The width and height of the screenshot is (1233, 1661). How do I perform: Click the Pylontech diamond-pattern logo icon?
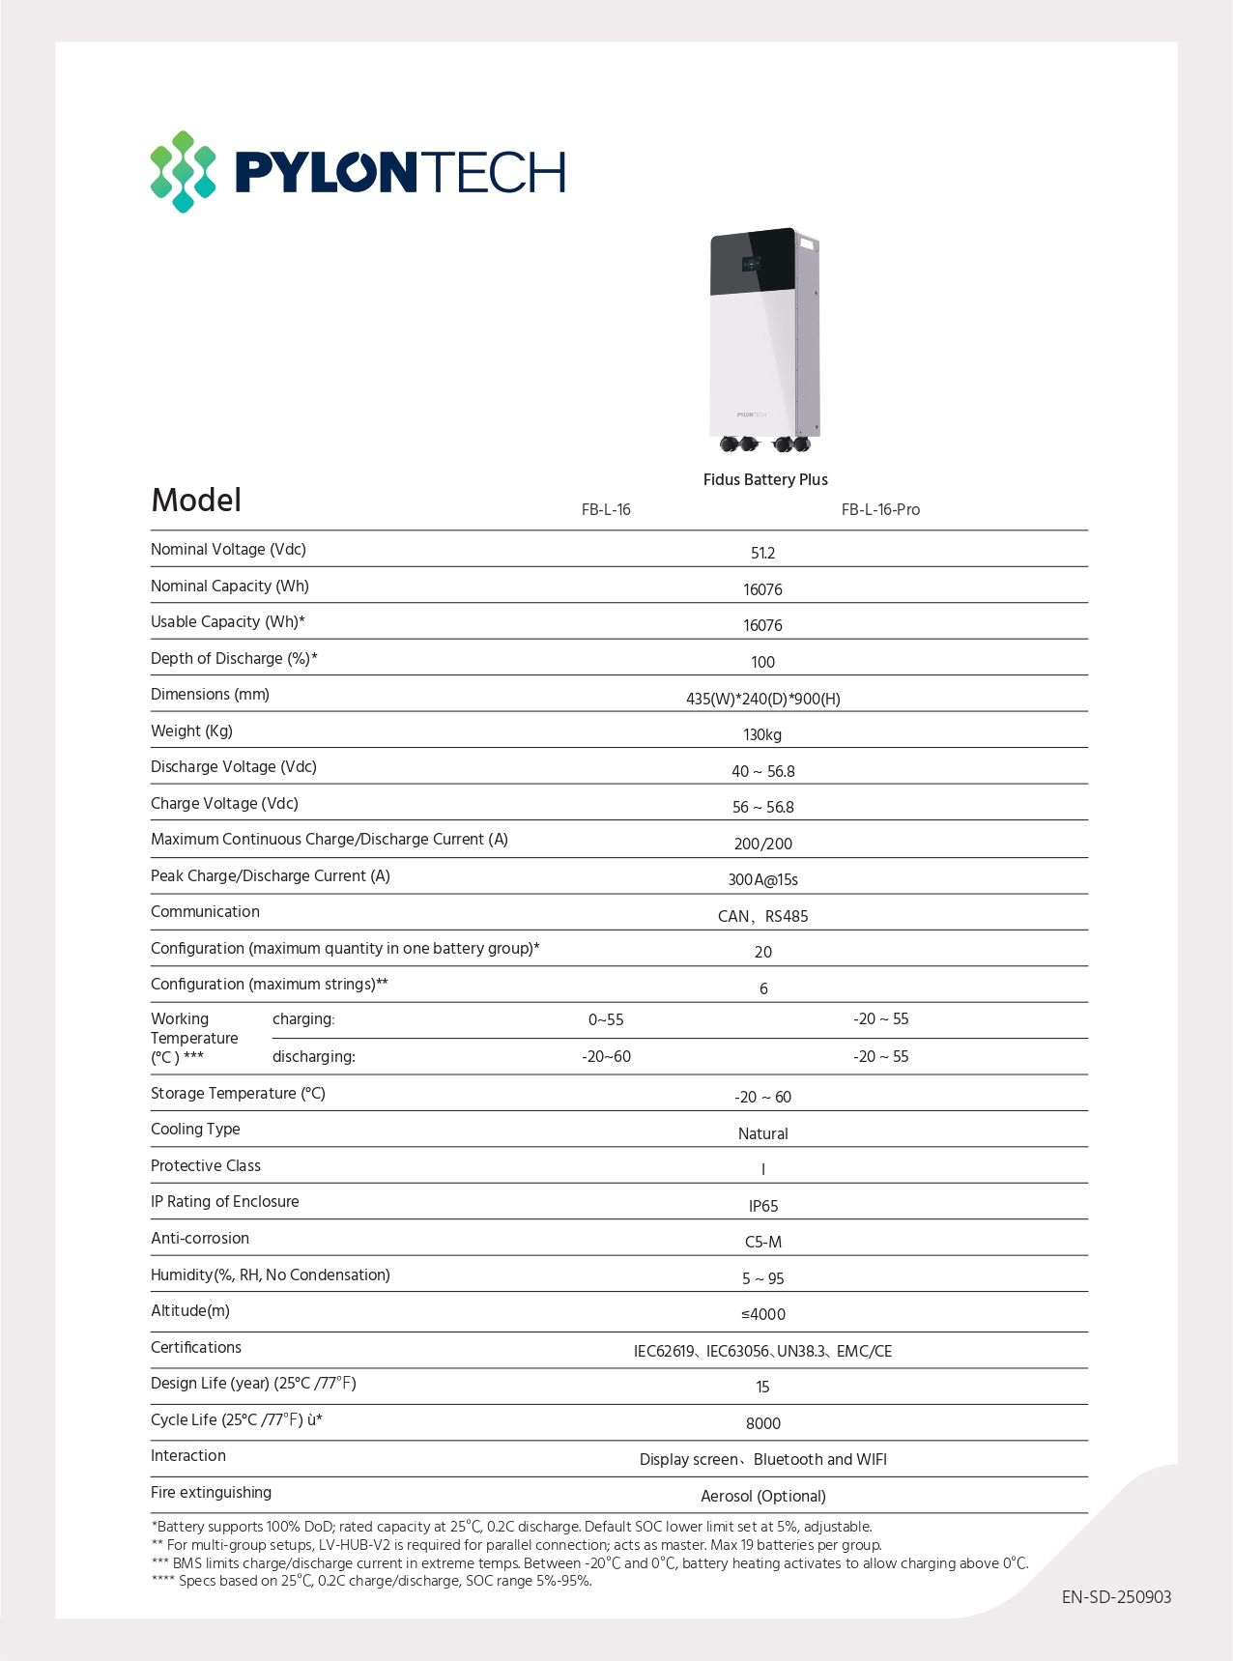(183, 172)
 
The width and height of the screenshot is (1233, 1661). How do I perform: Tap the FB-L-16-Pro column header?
(880, 510)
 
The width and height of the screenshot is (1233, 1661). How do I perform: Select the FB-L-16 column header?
(606, 510)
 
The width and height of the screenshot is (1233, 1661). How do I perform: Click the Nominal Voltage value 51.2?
(762, 554)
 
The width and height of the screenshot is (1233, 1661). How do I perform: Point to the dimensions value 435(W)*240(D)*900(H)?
(762, 699)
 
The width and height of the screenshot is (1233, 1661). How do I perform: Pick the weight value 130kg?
(762, 735)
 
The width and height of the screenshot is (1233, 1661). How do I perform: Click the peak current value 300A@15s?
(762, 880)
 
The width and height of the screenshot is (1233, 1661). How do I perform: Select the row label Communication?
(205, 912)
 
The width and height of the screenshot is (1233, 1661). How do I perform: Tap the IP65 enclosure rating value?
(762, 1207)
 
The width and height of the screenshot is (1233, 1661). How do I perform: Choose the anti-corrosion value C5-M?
(762, 1243)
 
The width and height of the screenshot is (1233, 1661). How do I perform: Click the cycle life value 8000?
(762, 1424)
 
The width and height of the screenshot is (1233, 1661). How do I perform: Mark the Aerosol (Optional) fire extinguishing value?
(762, 1497)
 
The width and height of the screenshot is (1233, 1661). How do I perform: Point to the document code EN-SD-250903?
(1116, 1597)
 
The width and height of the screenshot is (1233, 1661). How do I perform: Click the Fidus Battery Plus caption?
(765, 480)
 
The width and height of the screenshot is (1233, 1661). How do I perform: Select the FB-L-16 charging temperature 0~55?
(606, 1020)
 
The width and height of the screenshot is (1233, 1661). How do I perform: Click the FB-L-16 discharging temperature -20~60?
(606, 1057)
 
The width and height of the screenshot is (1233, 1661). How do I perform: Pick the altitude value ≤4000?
(762, 1315)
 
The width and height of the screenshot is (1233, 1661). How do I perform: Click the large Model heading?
(196, 501)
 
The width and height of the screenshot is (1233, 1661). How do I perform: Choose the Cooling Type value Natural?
(762, 1134)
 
